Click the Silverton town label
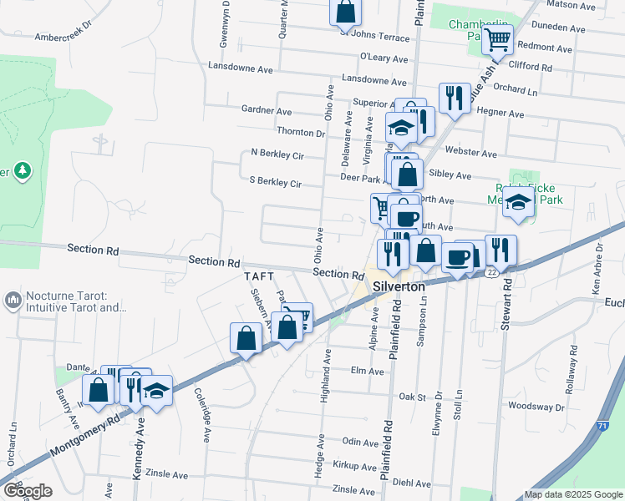399,285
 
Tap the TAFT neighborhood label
259,276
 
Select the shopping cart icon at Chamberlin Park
497,38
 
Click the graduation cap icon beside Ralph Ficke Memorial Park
518,203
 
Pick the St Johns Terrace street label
374,37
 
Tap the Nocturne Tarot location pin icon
13,299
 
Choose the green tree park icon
23,172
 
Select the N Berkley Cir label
277,154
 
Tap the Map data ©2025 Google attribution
573,494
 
